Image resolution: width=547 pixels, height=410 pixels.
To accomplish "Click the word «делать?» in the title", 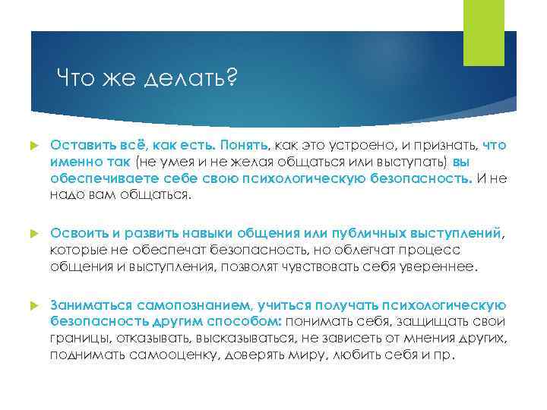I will coord(196,77).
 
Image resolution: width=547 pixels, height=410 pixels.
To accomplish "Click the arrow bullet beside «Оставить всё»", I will coord(33,144).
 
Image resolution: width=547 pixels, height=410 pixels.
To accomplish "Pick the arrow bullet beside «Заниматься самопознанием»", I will coord(33,305).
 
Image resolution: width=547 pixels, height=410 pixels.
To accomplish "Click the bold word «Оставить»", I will coord(80,143).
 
